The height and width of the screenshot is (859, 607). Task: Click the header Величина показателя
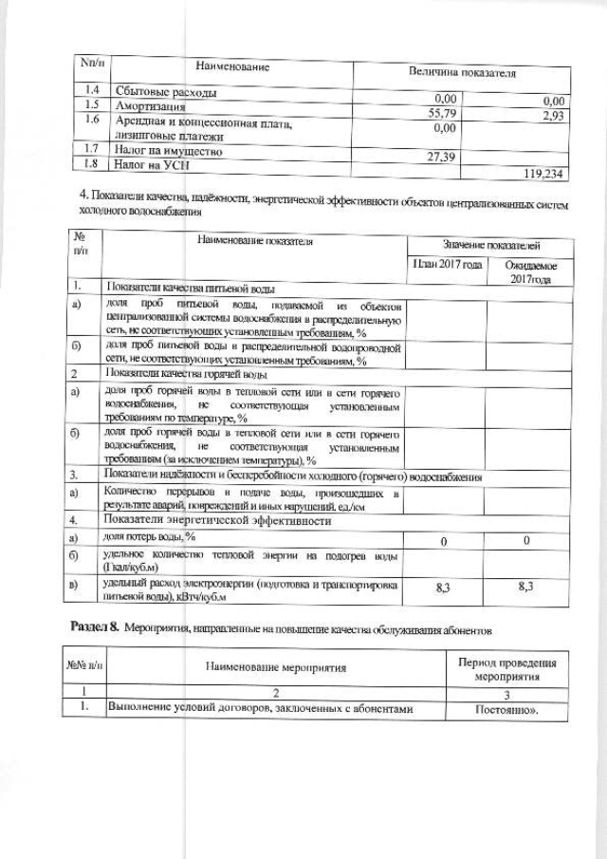462,72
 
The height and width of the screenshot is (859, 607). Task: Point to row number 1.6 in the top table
93,121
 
